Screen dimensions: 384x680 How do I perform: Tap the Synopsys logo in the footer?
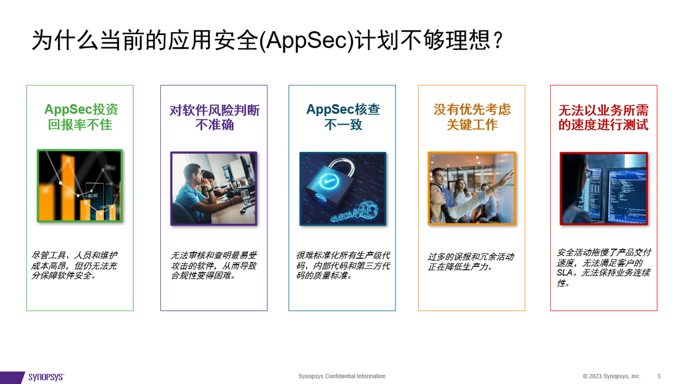(46, 377)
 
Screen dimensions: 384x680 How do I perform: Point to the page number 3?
(659, 377)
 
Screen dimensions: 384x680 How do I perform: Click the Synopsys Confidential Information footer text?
(342, 377)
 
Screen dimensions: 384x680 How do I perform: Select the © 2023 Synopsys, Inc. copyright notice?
(611, 377)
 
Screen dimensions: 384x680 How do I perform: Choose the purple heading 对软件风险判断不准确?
(214, 117)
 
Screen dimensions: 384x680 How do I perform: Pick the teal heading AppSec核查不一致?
(342, 117)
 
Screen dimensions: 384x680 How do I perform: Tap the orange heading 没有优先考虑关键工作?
(472, 117)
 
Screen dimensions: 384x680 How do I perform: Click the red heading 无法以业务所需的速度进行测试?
(603, 117)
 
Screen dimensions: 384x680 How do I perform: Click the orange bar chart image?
(80, 186)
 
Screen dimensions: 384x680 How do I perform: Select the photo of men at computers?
(214, 189)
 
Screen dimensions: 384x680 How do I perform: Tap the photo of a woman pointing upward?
(472, 188)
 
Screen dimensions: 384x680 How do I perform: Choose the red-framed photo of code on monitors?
(603, 189)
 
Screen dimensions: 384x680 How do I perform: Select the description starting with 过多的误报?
(471, 262)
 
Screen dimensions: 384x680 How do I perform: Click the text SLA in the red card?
(566, 272)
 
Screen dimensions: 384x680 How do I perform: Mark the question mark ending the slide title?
(497, 41)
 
